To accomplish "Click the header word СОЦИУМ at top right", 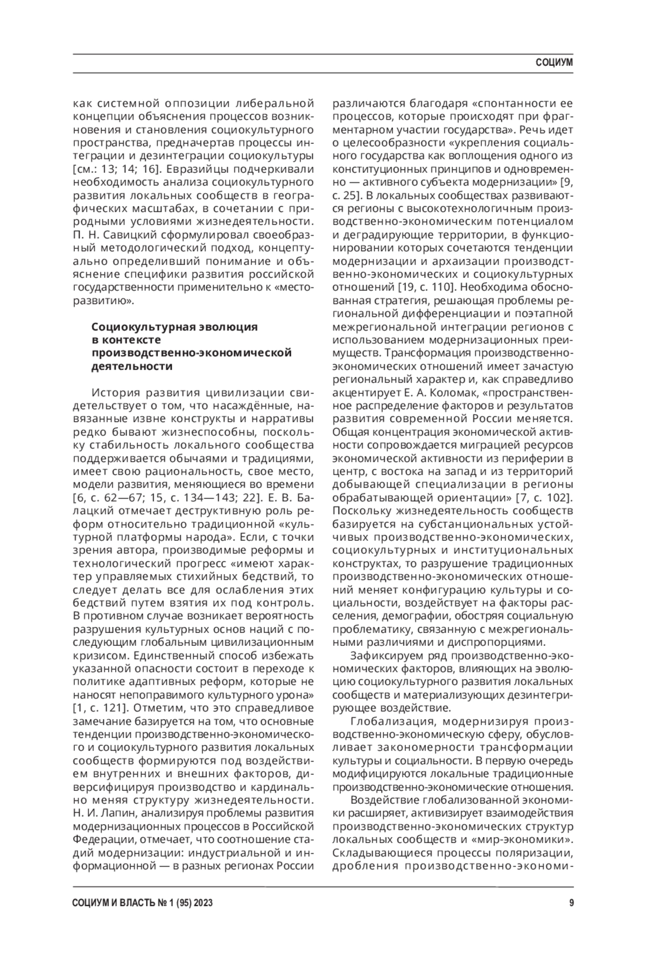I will [554, 63].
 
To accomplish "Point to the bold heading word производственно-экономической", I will [191, 353].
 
